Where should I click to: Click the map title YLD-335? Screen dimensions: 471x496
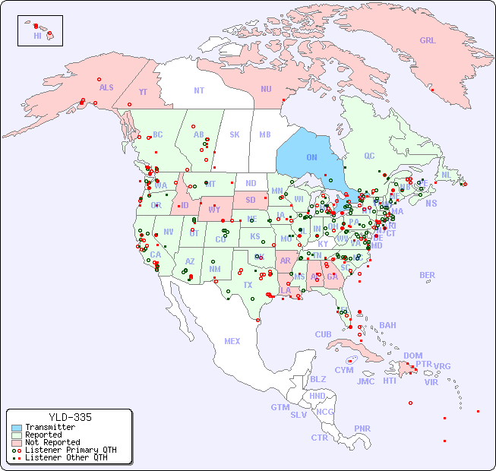click(70, 418)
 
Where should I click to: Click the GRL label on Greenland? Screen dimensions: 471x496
click(428, 40)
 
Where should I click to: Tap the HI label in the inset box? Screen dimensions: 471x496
click(37, 36)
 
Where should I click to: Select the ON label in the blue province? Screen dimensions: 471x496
click(311, 157)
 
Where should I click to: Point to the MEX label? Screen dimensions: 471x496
click(232, 341)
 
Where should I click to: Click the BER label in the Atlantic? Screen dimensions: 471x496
click(427, 275)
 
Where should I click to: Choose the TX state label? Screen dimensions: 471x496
click(248, 285)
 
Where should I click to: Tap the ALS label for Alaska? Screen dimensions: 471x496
click(106, 87)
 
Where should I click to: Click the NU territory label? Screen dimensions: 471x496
click(266, 89)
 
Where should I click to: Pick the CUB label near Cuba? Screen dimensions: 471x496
click(323, 334)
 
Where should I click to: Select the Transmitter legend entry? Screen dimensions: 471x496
click(49, 428)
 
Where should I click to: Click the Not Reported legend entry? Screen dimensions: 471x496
click(52, 442)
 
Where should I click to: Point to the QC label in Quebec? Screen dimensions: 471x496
click(369, 156)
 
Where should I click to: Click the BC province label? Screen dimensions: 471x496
click(158, 134)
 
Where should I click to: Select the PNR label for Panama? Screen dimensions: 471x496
click(362, 428)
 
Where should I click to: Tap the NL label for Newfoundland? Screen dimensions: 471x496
click(446, 174)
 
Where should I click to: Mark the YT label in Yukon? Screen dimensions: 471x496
click(143, 92)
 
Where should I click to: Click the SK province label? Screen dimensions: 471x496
click(235, 134)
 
